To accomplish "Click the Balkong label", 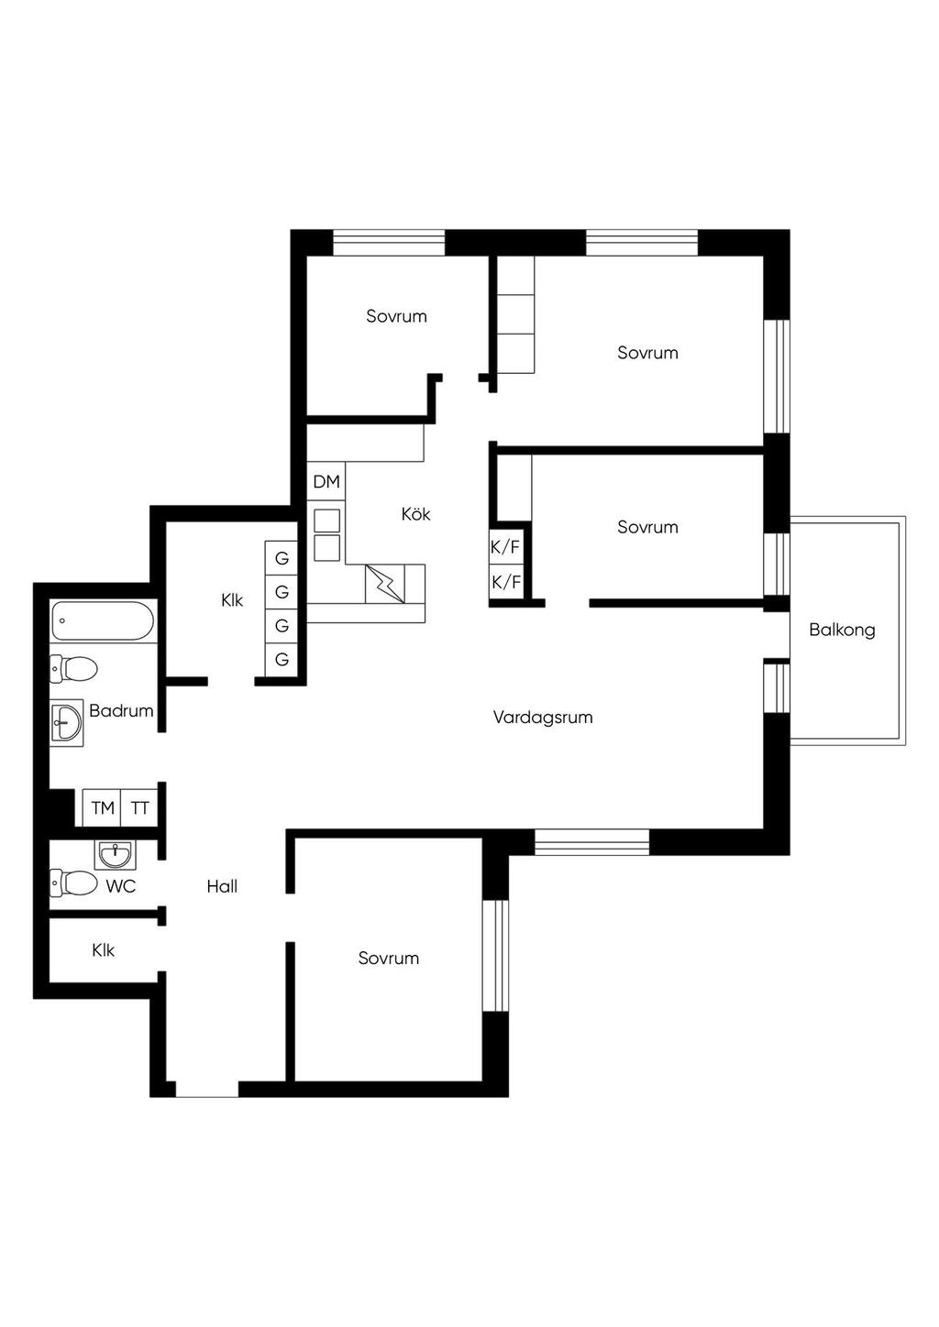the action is [x=842, y=630].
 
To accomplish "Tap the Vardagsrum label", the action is [x=543, y=718].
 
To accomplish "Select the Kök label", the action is [x=415, y=513].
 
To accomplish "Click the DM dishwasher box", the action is [x=326, y=482].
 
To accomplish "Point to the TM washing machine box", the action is [x=102, y=807].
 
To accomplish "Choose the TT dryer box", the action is [x=140, y=807].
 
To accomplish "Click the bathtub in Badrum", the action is [x=103, y=621].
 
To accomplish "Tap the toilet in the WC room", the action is [x=73, y=883].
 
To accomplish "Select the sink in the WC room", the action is [x=115, y=855].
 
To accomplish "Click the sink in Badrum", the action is [x=66, y=723].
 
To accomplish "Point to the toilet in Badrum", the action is [x=73, y=669].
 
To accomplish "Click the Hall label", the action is [x=222, y=886].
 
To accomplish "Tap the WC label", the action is [x=121, y=886].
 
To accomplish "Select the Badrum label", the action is [x=122, y=710].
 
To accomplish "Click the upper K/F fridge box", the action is [x=505, y=547].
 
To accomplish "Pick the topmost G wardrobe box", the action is [x=282, y=558].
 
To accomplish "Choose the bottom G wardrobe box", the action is [x=282, y=659].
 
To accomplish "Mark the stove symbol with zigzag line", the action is [x=385, y=584].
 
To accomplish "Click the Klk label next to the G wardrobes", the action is [x=232, y=600].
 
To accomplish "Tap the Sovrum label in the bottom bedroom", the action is [x=388, y=958].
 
